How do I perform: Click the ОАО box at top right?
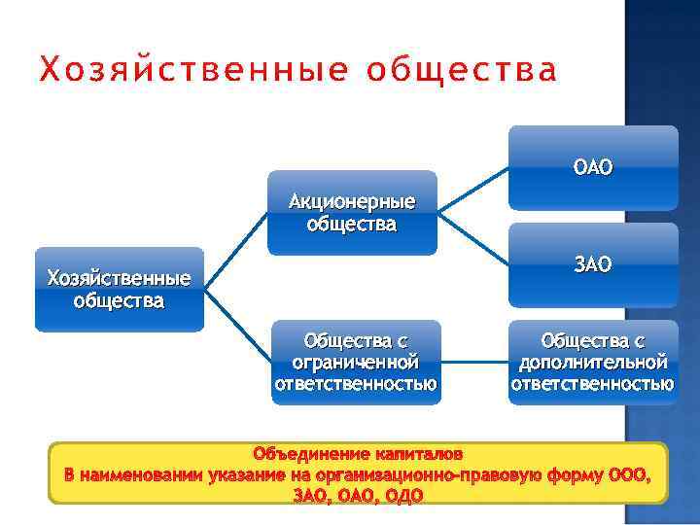(593, 167)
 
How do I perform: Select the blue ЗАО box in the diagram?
(593, 263)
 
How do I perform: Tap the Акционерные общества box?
(352, 213)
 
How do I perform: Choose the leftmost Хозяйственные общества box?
(119, 289)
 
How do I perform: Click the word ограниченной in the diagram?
(355, 362)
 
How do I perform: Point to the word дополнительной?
(592, 362)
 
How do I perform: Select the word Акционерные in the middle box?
(352, 202)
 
